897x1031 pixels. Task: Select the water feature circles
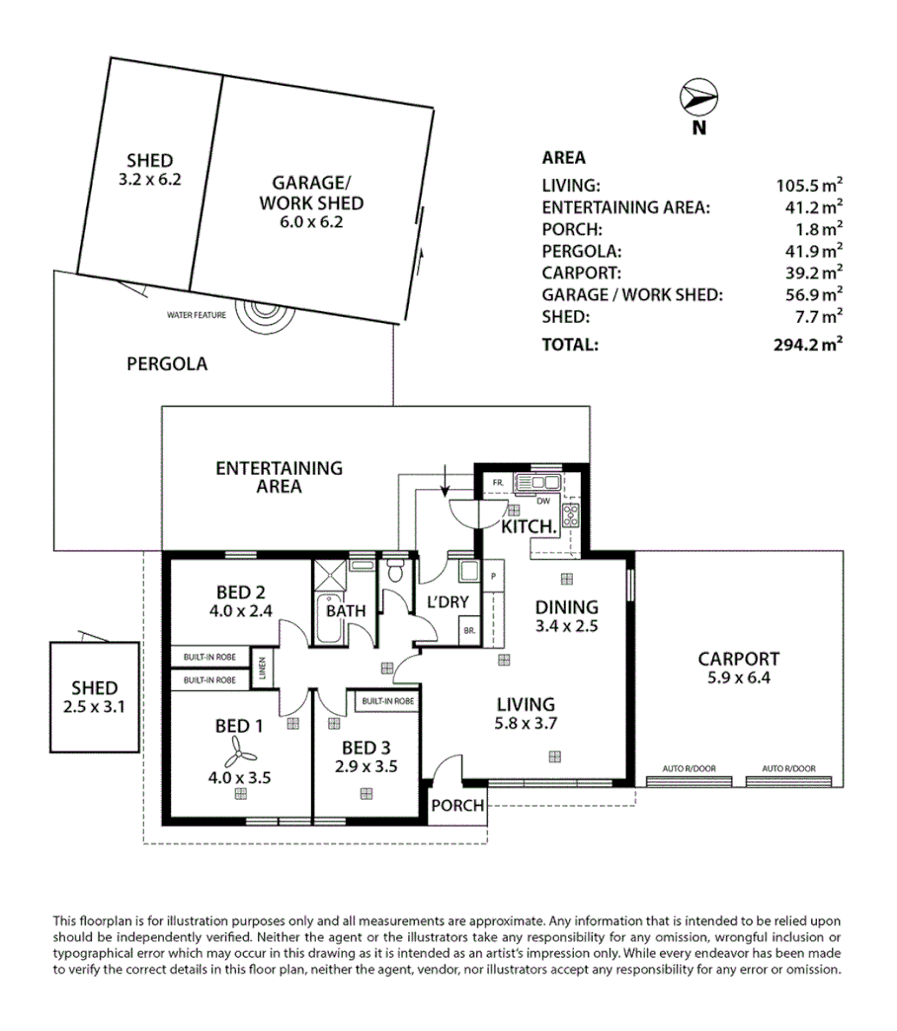(262, 308)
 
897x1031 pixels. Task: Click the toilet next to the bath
(395, 571)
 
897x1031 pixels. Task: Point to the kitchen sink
(538, 483)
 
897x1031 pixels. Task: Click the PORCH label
(458, 805)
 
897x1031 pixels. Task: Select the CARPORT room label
(738, 659)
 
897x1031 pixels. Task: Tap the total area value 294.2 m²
(808, 345)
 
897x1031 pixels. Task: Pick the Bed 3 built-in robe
(386, 700)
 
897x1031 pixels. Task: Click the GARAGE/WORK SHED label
(311, 194)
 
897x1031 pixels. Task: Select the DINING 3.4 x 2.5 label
(567, 615)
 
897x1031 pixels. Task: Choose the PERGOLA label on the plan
(167, 363)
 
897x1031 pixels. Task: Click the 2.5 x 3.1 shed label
(95, 706)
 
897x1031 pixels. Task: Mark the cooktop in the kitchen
(570, 514)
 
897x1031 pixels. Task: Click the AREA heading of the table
(563, 158)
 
